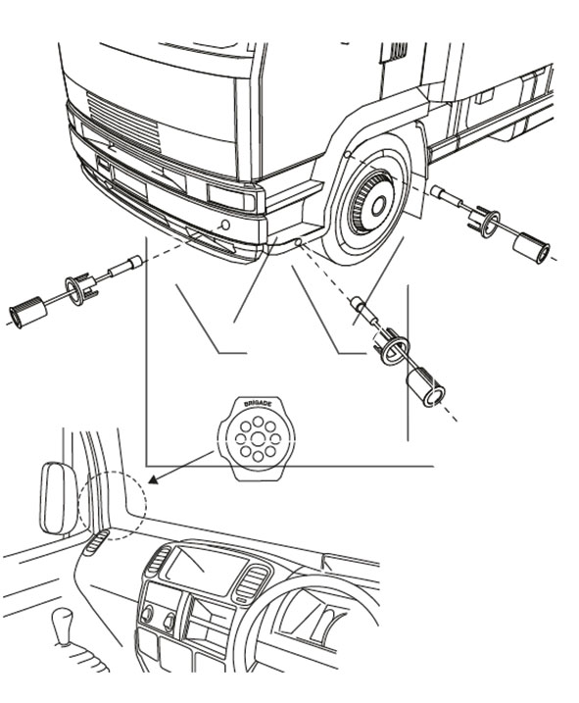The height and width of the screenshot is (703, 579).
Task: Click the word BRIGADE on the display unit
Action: coord(258,404)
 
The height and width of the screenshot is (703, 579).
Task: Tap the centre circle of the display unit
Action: coord(257,439)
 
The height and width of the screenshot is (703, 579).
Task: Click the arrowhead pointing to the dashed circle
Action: coord(154,479)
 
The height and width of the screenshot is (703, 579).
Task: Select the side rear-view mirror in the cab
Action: coord(59,498)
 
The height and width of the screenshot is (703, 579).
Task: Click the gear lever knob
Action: coord(62,620)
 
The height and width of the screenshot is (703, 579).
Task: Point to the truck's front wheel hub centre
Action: coord(379,205)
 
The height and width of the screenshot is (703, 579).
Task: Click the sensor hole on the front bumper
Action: coord(226,225)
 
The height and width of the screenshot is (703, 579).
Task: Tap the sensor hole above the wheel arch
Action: coord(347,155)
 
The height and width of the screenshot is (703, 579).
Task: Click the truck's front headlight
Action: coord(231,197)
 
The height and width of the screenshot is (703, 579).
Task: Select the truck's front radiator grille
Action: coord(123,122)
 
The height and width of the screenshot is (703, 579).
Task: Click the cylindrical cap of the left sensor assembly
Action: coord(28,312)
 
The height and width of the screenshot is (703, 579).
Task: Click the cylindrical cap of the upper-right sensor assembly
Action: coord(532,248)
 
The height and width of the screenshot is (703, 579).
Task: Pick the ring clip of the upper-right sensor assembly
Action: coord(484,222)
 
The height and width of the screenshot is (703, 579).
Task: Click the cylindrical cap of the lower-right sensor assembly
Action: coord(425,387)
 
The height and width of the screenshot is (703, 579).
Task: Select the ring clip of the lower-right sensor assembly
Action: coord(391,345)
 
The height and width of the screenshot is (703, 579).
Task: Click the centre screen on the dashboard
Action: coord(206,570)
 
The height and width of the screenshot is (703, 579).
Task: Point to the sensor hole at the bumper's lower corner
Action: coord(298,242)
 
